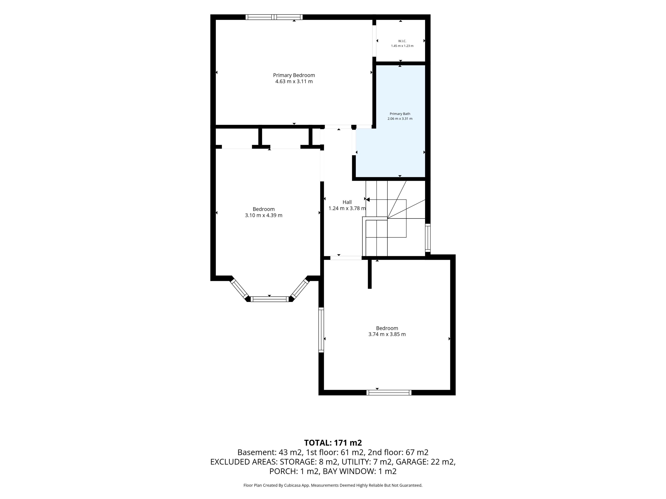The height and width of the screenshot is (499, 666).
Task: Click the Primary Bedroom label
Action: (294, 75)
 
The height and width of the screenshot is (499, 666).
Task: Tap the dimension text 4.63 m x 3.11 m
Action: (294, 81)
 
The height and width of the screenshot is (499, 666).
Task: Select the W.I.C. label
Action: (402, 41)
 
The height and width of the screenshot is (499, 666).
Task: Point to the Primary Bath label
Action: (400, 114)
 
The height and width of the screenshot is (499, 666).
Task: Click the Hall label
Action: (347, 202)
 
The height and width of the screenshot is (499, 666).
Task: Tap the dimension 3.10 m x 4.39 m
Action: (263, 215)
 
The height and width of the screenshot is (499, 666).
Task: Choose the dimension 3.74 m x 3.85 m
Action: (387, 334)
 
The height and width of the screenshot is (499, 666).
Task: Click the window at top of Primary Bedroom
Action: (274, 17)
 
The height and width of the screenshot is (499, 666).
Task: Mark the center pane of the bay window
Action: (270, 299)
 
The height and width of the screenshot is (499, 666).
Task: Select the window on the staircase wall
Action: (428, 238)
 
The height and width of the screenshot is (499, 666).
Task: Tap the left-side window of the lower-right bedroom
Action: (321, 330)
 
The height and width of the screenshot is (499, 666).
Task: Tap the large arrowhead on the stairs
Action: (368, 199)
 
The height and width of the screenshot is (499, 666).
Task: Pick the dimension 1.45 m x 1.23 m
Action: (402, 46)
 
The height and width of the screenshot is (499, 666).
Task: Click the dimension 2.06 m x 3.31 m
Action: (400, 119)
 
